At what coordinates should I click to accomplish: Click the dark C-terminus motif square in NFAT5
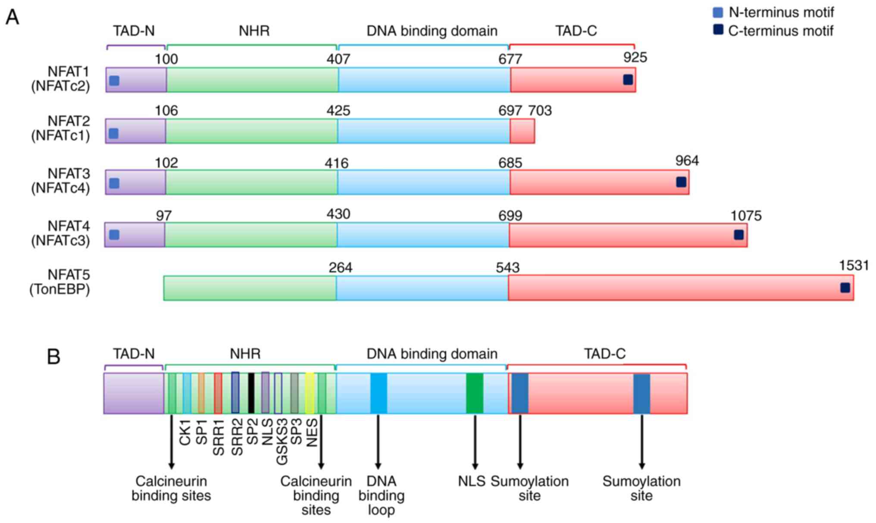coord(845,288)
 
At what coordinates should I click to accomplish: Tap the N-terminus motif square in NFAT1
coord(114,81)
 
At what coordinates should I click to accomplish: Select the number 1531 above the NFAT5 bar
coord(854,266)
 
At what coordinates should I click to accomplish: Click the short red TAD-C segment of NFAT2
coord(522,131)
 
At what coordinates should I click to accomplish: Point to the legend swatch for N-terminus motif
coord(718,13)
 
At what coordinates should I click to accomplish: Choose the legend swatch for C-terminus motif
coord(718,30)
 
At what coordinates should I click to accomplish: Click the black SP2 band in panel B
coord(251,393)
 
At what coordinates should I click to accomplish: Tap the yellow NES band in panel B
coord(310,393)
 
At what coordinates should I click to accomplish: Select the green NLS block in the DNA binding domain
coord(475,393)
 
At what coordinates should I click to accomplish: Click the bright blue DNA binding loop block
coord(379,393)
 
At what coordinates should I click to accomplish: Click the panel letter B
coord(53,357)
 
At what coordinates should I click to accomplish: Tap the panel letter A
coord(12,17)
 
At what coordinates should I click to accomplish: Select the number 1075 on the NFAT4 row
coord(746,216)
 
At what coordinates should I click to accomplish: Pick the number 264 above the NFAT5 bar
coord(340,268)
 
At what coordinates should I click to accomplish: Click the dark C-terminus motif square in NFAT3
coord(681,182)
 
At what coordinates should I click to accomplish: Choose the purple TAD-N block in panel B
coord(134,393)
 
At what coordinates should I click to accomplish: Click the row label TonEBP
coord(60,289)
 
